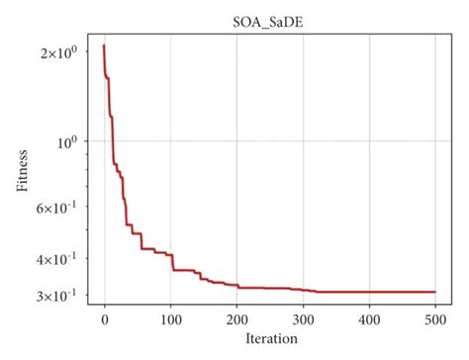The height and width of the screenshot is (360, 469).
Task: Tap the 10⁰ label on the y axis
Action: (65, 141)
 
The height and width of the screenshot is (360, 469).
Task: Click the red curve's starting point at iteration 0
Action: (104, 45)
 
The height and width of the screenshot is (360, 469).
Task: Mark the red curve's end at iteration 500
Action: (435, 292)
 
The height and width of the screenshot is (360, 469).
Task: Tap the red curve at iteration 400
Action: (369, 292)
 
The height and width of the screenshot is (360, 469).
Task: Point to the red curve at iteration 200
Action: (237, 286)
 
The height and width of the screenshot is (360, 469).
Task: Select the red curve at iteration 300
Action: (304, 290)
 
